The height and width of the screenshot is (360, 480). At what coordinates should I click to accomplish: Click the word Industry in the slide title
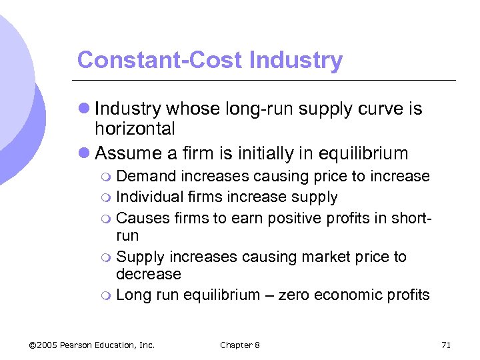(295, 61)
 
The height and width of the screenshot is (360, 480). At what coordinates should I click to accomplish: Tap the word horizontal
(135, 129)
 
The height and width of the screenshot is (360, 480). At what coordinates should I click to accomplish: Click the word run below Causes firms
(127, 236)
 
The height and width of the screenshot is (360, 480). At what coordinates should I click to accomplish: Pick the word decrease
(148, 274)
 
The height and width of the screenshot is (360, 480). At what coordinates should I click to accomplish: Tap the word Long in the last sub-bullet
(131, 295)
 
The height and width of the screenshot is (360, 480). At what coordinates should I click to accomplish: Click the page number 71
(447, 345)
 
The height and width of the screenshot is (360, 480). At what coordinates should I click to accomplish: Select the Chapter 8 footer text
(239, 345)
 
